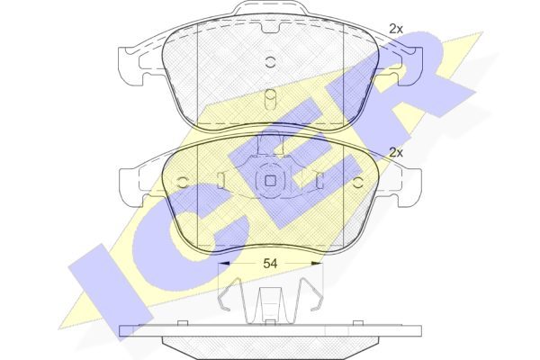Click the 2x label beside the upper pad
[x=396, y=29]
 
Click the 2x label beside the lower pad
[x=396, y=152]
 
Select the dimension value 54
[x=270, y=264]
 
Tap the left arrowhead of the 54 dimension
[x=224, y=264]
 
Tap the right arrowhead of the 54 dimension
[x=317, y=264]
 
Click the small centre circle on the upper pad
[x=270, y=61]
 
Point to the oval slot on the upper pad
[x=270, y=100]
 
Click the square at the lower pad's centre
[x=270, y=181]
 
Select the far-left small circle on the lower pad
[x=182, y=182]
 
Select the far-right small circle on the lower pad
[x=359, y=182]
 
